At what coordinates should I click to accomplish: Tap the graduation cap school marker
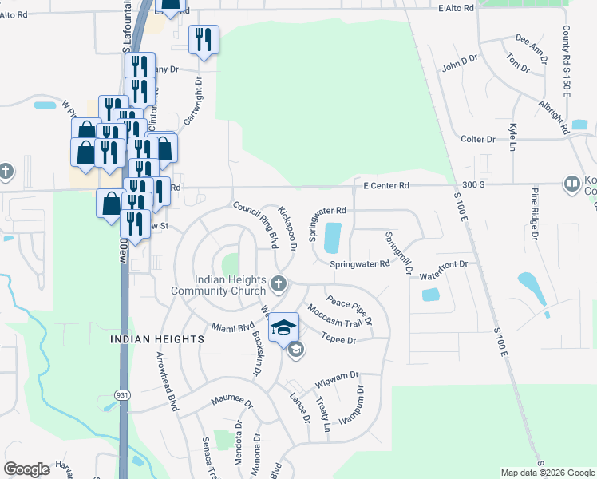click(283, 327)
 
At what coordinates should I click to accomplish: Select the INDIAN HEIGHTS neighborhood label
click(156, 339)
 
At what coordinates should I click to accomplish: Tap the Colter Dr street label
click(479, 139)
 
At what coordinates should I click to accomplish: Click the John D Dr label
click(459, 64)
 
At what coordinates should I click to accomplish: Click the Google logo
click(26, 469)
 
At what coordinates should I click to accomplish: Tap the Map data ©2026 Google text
click(548, 473)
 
